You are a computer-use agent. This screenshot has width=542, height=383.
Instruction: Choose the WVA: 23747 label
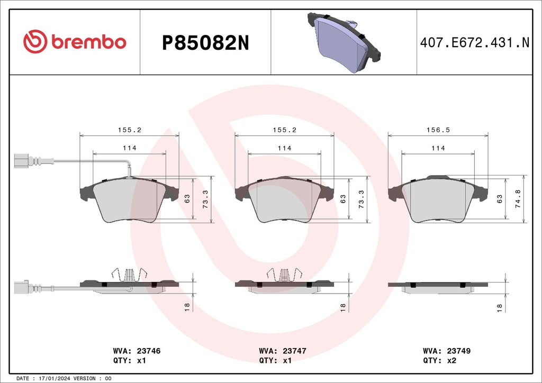283,351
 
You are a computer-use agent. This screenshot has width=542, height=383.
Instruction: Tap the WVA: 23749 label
447,351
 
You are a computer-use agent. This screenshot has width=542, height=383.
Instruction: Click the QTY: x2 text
439,360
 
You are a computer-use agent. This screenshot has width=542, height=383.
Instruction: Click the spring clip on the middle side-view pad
285,274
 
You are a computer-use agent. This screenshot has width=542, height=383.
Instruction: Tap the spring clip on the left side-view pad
130,274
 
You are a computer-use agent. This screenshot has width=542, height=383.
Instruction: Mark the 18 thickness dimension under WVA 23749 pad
500,307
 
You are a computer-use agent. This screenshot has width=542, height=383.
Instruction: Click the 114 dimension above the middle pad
284,148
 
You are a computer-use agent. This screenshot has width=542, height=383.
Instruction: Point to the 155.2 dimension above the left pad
129,129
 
